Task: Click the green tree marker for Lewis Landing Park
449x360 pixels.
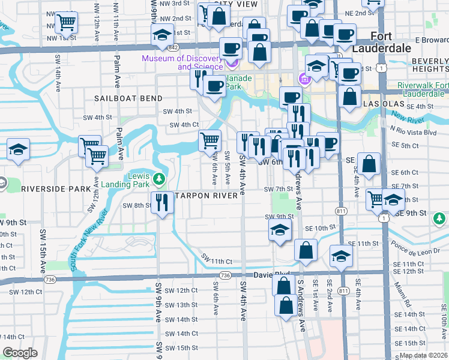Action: tap(159, 178)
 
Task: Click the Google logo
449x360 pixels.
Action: tap(20, 352)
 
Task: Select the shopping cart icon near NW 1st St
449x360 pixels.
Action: tap(66, 23)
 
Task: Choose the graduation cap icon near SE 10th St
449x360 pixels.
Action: tap(280, 230)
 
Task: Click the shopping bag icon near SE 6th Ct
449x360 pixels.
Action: tap(369, 163)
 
